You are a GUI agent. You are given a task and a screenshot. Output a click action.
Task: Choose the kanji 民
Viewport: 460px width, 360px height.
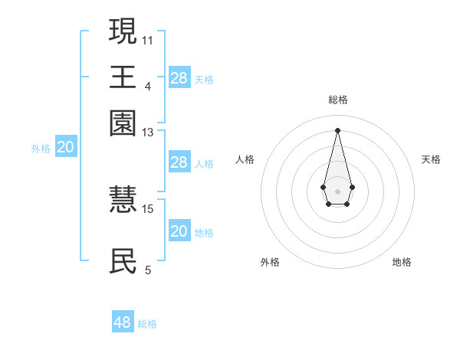[123, 260]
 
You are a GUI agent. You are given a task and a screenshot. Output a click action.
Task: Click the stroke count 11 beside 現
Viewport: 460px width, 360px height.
[147, 40]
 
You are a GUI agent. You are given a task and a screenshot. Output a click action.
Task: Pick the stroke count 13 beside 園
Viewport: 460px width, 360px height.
[147, 133]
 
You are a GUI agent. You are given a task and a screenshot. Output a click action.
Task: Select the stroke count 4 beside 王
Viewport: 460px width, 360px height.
[147, 86]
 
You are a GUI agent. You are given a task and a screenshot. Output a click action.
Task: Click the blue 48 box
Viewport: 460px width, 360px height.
[123, 322]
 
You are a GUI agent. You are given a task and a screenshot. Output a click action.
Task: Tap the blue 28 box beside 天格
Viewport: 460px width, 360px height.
[179, 77]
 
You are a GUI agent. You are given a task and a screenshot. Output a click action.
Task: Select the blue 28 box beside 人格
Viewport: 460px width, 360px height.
[179, 162]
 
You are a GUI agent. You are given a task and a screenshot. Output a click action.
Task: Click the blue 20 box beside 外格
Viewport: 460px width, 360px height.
[66, 148]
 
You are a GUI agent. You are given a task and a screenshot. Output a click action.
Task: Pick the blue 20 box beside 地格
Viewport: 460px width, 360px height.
[179, 231]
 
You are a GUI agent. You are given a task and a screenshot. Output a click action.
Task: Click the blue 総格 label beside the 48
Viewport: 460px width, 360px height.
[147, 324]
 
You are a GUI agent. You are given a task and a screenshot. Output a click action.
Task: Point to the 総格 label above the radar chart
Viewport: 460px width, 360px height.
[338, 100]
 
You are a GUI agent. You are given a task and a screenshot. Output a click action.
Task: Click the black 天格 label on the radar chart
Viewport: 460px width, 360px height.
[431, 159]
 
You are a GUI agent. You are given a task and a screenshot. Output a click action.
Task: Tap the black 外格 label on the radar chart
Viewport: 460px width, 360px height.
[270, 262]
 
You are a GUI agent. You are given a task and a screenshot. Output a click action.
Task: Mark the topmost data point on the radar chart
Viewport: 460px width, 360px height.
[337, 130]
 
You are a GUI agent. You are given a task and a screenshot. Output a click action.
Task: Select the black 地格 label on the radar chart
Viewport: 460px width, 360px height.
[402, 262]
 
